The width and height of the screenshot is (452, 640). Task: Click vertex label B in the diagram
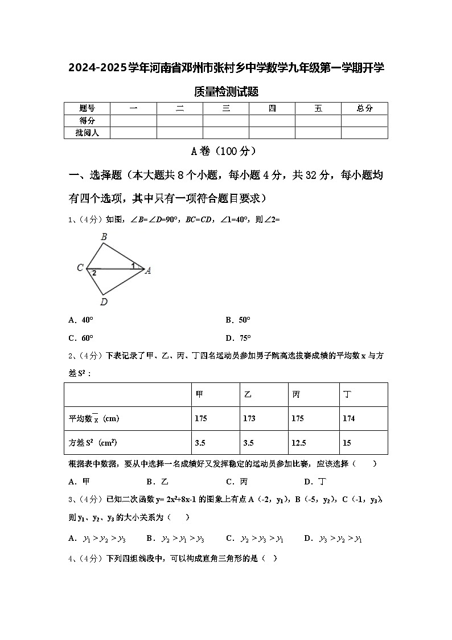point(104,237)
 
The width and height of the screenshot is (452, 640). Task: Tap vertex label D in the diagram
point(103,302)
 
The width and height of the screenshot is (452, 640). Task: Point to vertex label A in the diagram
point(148,271)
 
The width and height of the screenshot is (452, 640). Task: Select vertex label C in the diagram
point(80,268)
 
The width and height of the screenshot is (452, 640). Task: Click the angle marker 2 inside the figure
point(94,273)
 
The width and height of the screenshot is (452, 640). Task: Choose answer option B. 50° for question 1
point(238,320)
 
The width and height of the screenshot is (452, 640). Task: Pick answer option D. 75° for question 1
point(238,337)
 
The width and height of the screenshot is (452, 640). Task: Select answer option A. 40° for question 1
point(80,320)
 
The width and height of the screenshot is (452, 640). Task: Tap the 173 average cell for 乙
point(249,418)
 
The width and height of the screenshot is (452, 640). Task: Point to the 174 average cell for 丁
point(348,418)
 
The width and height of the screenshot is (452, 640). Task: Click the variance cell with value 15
point(347,442)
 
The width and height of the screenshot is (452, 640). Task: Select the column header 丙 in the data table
point(296,394)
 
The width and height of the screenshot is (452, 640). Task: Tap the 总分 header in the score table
point(364,108)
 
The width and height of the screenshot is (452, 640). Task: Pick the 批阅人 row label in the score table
point(87,133)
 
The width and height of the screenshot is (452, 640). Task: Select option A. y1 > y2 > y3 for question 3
point(97,538)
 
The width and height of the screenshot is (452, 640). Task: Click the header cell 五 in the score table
point(318,108)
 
